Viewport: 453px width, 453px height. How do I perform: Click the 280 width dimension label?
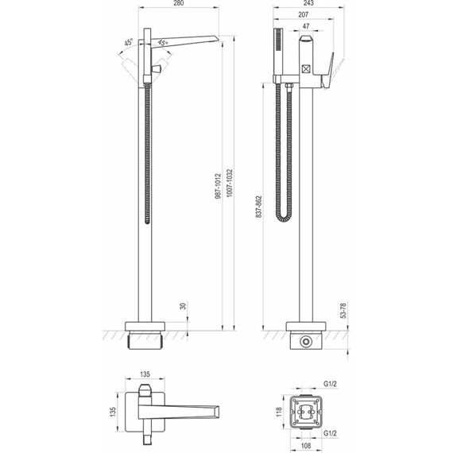pyautogui.click(x=179, y=3)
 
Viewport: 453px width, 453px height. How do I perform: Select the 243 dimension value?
pyautogui.click(x=308, y=3)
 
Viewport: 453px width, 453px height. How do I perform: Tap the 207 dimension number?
pyautogui.click(x=303, y=14)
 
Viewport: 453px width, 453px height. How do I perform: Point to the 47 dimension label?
pyautogui.click(x=306, y=26)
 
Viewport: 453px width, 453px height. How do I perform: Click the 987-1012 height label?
pyautogui.click(x=218, y=186)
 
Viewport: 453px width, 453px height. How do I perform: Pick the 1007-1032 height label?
pyautogui.click(x=229, y=183)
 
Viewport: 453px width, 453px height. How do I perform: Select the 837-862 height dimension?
pyautogui.click(x=259, y=207)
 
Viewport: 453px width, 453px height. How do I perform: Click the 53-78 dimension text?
pyautogui.click(x=343, y=310)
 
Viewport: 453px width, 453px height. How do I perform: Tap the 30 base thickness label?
pyautogui.click(x=183, y=306)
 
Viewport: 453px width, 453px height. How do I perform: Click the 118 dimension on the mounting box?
pyautogui.click(x=279, y=411)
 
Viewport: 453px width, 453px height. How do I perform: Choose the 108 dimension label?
pyautogui.click(x=306, y=446)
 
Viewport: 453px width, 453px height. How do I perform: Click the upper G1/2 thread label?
pyautogui.click(x=330, y=384)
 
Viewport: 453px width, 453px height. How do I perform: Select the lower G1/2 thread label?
pyautogui.click(x=330, y=433)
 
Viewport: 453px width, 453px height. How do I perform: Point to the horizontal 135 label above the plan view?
pyautogui.click(x=145, y=374)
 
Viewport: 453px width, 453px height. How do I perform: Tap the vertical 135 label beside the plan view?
pyautogui.click(x=113, y=412)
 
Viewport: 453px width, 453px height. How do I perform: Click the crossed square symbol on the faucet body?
pyautogui.click(x=305, y=68)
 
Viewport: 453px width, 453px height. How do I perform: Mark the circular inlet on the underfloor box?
pyautogui.click(x=306, y=342)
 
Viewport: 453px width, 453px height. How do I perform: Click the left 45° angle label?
pyautogui.click(x=129, y=42)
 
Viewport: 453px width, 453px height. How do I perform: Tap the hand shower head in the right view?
pyautogui.click(x=278, y=52)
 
